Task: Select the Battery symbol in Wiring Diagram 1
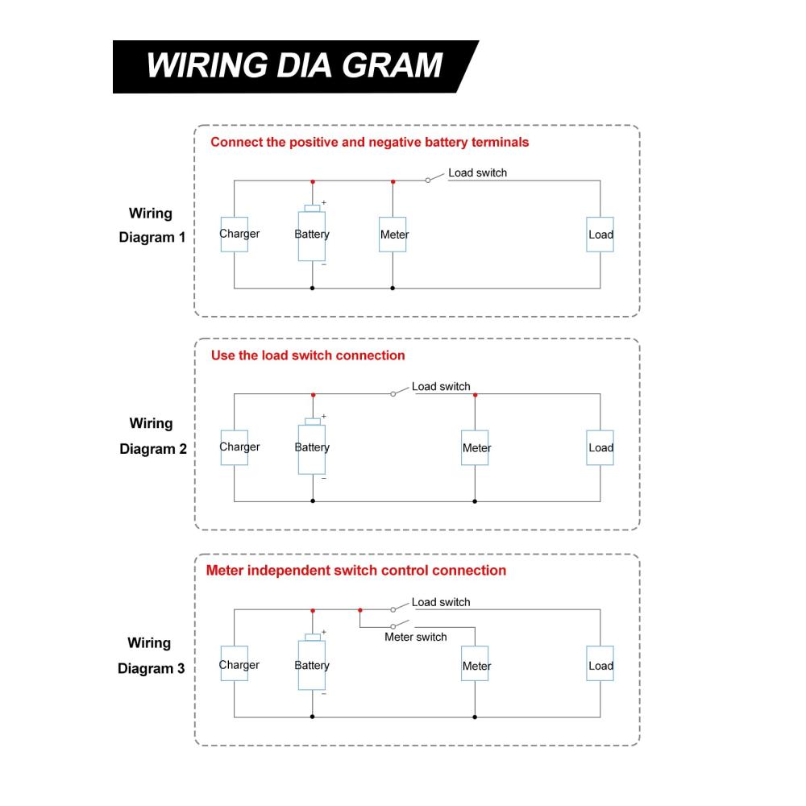tap(312, 235)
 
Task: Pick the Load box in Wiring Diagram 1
tap(600, 235)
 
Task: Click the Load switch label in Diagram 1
tap(477, 172)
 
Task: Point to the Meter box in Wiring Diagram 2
tap(476, 448)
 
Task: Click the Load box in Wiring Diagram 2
tap(600, 448)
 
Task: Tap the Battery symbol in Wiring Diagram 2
tap(312, 448)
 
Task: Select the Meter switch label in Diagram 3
tap(415, 637)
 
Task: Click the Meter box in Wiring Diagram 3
tap(476, 667)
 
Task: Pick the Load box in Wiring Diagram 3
tap(600, 666)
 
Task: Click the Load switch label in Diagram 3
tap(440, 602)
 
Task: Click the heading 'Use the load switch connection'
tap(307, 355)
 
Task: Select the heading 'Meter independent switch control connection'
tap(356, 571)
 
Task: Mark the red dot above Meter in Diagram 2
tap(475, 395)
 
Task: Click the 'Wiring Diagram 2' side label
tap(152, 436)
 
